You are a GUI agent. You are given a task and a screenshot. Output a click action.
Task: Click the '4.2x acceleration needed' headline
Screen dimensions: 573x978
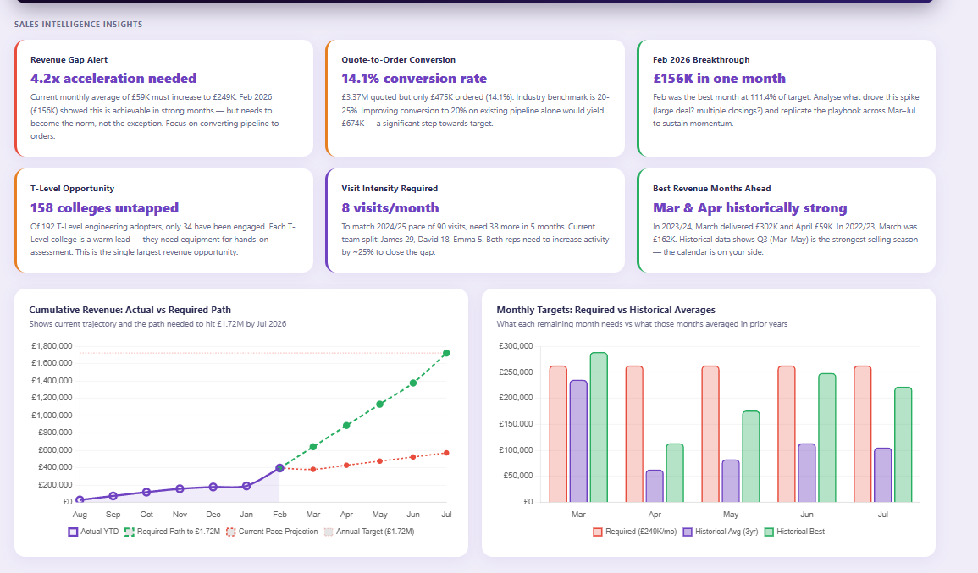pyautogui.click(x=113, y=79)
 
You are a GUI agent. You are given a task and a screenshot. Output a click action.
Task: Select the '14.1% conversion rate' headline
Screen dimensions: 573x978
pyautogui.click(x=414, y=79)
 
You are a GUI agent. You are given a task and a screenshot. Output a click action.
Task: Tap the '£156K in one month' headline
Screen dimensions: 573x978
pyautogui.click(x=719, y=79)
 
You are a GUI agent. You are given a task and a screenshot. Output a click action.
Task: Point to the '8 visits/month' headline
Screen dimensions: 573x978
pyautogui.click(x=390, y=208)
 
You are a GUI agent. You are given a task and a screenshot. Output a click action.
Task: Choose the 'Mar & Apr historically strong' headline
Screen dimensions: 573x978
pyautogui.click(x=749, y=208)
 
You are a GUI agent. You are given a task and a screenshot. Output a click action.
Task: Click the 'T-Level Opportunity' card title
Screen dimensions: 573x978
pyautogui.click(x=72, y=189)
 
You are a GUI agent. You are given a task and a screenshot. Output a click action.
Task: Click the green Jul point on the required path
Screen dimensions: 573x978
pyautogui.click(x=446, y=353)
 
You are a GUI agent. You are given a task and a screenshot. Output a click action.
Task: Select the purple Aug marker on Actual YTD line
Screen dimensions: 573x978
pyautogui.click(x=80, y=500)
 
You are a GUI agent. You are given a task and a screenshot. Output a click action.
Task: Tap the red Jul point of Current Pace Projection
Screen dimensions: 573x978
pyautogui.click(x=446, y=453)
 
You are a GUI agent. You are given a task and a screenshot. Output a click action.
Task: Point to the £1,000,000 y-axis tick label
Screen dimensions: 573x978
pyautogui.click(x=52, y=416)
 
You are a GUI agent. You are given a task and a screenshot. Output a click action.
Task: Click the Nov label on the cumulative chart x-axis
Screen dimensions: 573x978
pyautogui.click(x=180, y=515)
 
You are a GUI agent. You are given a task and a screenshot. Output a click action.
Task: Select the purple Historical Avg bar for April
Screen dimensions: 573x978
pyautogui.click(x=655, y=486)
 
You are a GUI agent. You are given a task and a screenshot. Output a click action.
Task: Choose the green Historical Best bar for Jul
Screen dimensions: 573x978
pyautogui.click(x=903, y=444)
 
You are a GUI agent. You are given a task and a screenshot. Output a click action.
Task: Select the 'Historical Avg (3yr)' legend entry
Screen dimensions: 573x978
pyautogui.click(x=720, y=532)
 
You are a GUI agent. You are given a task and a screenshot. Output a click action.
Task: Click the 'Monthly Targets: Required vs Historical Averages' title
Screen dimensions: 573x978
pyautogui.click(x=605, y=310)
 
